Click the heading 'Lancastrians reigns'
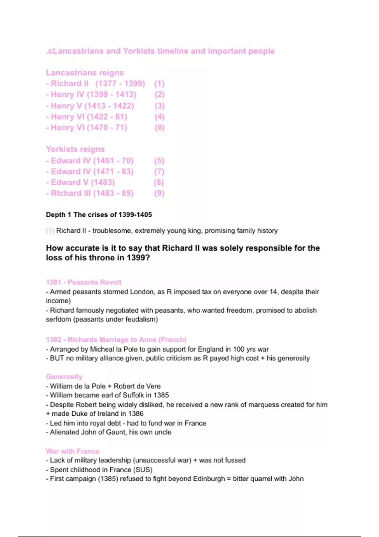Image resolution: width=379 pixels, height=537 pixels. tap(85, 73)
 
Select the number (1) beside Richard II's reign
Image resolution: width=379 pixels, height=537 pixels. tap(159, 84)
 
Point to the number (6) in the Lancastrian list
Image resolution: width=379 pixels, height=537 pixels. tap(159, 128)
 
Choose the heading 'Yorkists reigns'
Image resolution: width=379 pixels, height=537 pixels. tap(75, 149)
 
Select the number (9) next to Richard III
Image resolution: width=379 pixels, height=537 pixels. tap(159, 193)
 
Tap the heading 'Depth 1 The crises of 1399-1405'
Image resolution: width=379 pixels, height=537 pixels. tap(99, 215)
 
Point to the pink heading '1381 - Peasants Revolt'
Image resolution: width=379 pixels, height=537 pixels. tap(84, 282)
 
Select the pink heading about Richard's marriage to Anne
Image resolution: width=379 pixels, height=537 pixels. tap(116, 340)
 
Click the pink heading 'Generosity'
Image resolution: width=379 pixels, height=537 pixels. tap(64, 377)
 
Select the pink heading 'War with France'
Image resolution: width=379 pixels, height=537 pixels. tap(73, 451)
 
